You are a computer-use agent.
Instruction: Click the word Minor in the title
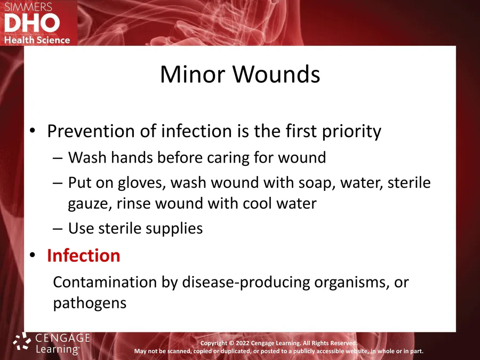[193, 74]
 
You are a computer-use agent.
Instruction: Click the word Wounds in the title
[276, 74]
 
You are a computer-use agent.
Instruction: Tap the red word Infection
[83, 255]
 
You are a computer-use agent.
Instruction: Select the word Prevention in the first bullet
[91, 131]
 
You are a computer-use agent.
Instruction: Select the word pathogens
[90, 303]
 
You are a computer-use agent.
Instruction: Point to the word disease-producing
[246, 282]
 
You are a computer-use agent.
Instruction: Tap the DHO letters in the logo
[32, 23]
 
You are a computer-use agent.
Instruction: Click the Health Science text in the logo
[37, 40]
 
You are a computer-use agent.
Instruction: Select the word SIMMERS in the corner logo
[28, 7]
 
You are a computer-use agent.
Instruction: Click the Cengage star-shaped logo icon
[22, 341]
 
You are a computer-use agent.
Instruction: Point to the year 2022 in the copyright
[243, 343]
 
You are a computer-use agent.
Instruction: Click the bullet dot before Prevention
[33, 131]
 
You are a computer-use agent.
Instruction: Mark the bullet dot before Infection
[33, 255]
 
